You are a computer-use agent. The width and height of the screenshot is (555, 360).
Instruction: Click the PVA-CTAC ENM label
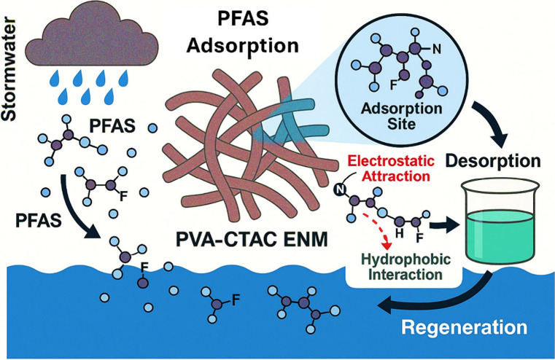point(252,240)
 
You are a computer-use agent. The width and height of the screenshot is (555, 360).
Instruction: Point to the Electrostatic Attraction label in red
point(391,168)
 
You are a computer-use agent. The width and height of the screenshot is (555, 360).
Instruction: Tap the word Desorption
point(493,161)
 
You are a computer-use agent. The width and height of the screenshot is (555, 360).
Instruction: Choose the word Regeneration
point(464,327)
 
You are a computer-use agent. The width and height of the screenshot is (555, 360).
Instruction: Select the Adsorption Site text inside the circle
point(401,117)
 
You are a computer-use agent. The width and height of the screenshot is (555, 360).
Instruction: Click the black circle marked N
point(340,189)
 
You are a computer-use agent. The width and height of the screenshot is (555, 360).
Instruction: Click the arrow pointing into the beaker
point(444,225)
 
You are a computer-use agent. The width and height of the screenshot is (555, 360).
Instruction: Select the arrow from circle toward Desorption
point(493,125)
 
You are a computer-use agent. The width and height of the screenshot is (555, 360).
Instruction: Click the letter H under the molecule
point(400,233)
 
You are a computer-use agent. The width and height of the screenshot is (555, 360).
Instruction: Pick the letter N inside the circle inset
point(437,50)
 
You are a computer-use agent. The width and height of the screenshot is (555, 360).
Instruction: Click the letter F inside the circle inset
point(393,85)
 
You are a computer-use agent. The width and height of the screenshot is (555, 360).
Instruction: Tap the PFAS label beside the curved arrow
point(38,221)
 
